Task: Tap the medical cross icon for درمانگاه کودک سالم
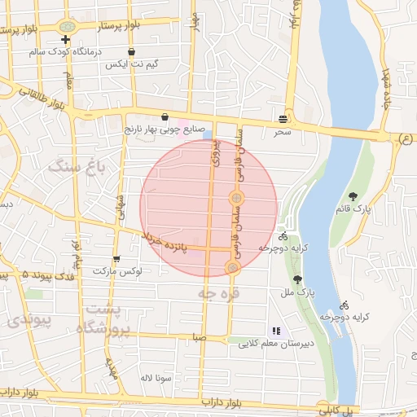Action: (66, 40)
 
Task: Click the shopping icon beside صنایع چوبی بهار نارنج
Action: (166, 116)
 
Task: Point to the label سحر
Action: (282, 130)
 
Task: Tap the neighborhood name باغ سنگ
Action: (77, 168)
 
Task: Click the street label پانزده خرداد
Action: (176, 242)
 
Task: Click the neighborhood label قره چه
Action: (220, 292)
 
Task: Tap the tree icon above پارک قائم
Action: (353, 196)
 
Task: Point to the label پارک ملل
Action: (302, 291)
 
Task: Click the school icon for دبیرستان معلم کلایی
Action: (275, 331)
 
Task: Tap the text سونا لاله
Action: (154, 378)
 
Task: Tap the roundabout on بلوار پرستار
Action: (65, 26)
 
